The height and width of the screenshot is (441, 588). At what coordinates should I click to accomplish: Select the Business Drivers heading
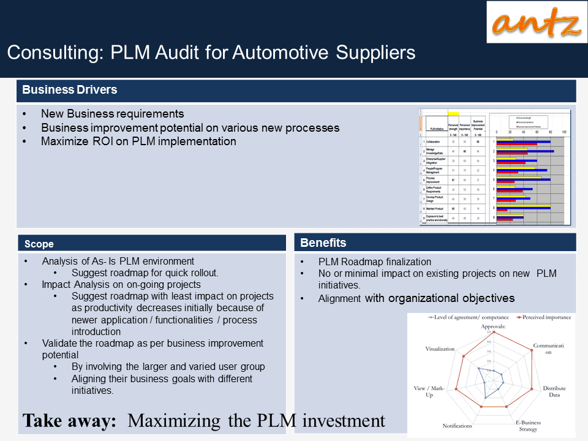[70, 90]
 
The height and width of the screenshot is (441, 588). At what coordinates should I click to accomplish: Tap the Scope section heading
[39, 244]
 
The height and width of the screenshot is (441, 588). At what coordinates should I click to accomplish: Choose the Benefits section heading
[323, 243]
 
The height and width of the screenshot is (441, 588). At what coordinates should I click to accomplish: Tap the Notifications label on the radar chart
[457, 426]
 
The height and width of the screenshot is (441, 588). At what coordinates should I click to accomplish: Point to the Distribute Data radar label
[554, 392]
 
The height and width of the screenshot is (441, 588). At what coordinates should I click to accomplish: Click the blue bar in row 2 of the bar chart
[525, 151]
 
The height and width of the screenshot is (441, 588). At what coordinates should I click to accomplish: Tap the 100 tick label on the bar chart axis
[564, 132]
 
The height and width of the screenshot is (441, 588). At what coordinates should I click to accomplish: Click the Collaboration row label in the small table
[434, 141]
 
